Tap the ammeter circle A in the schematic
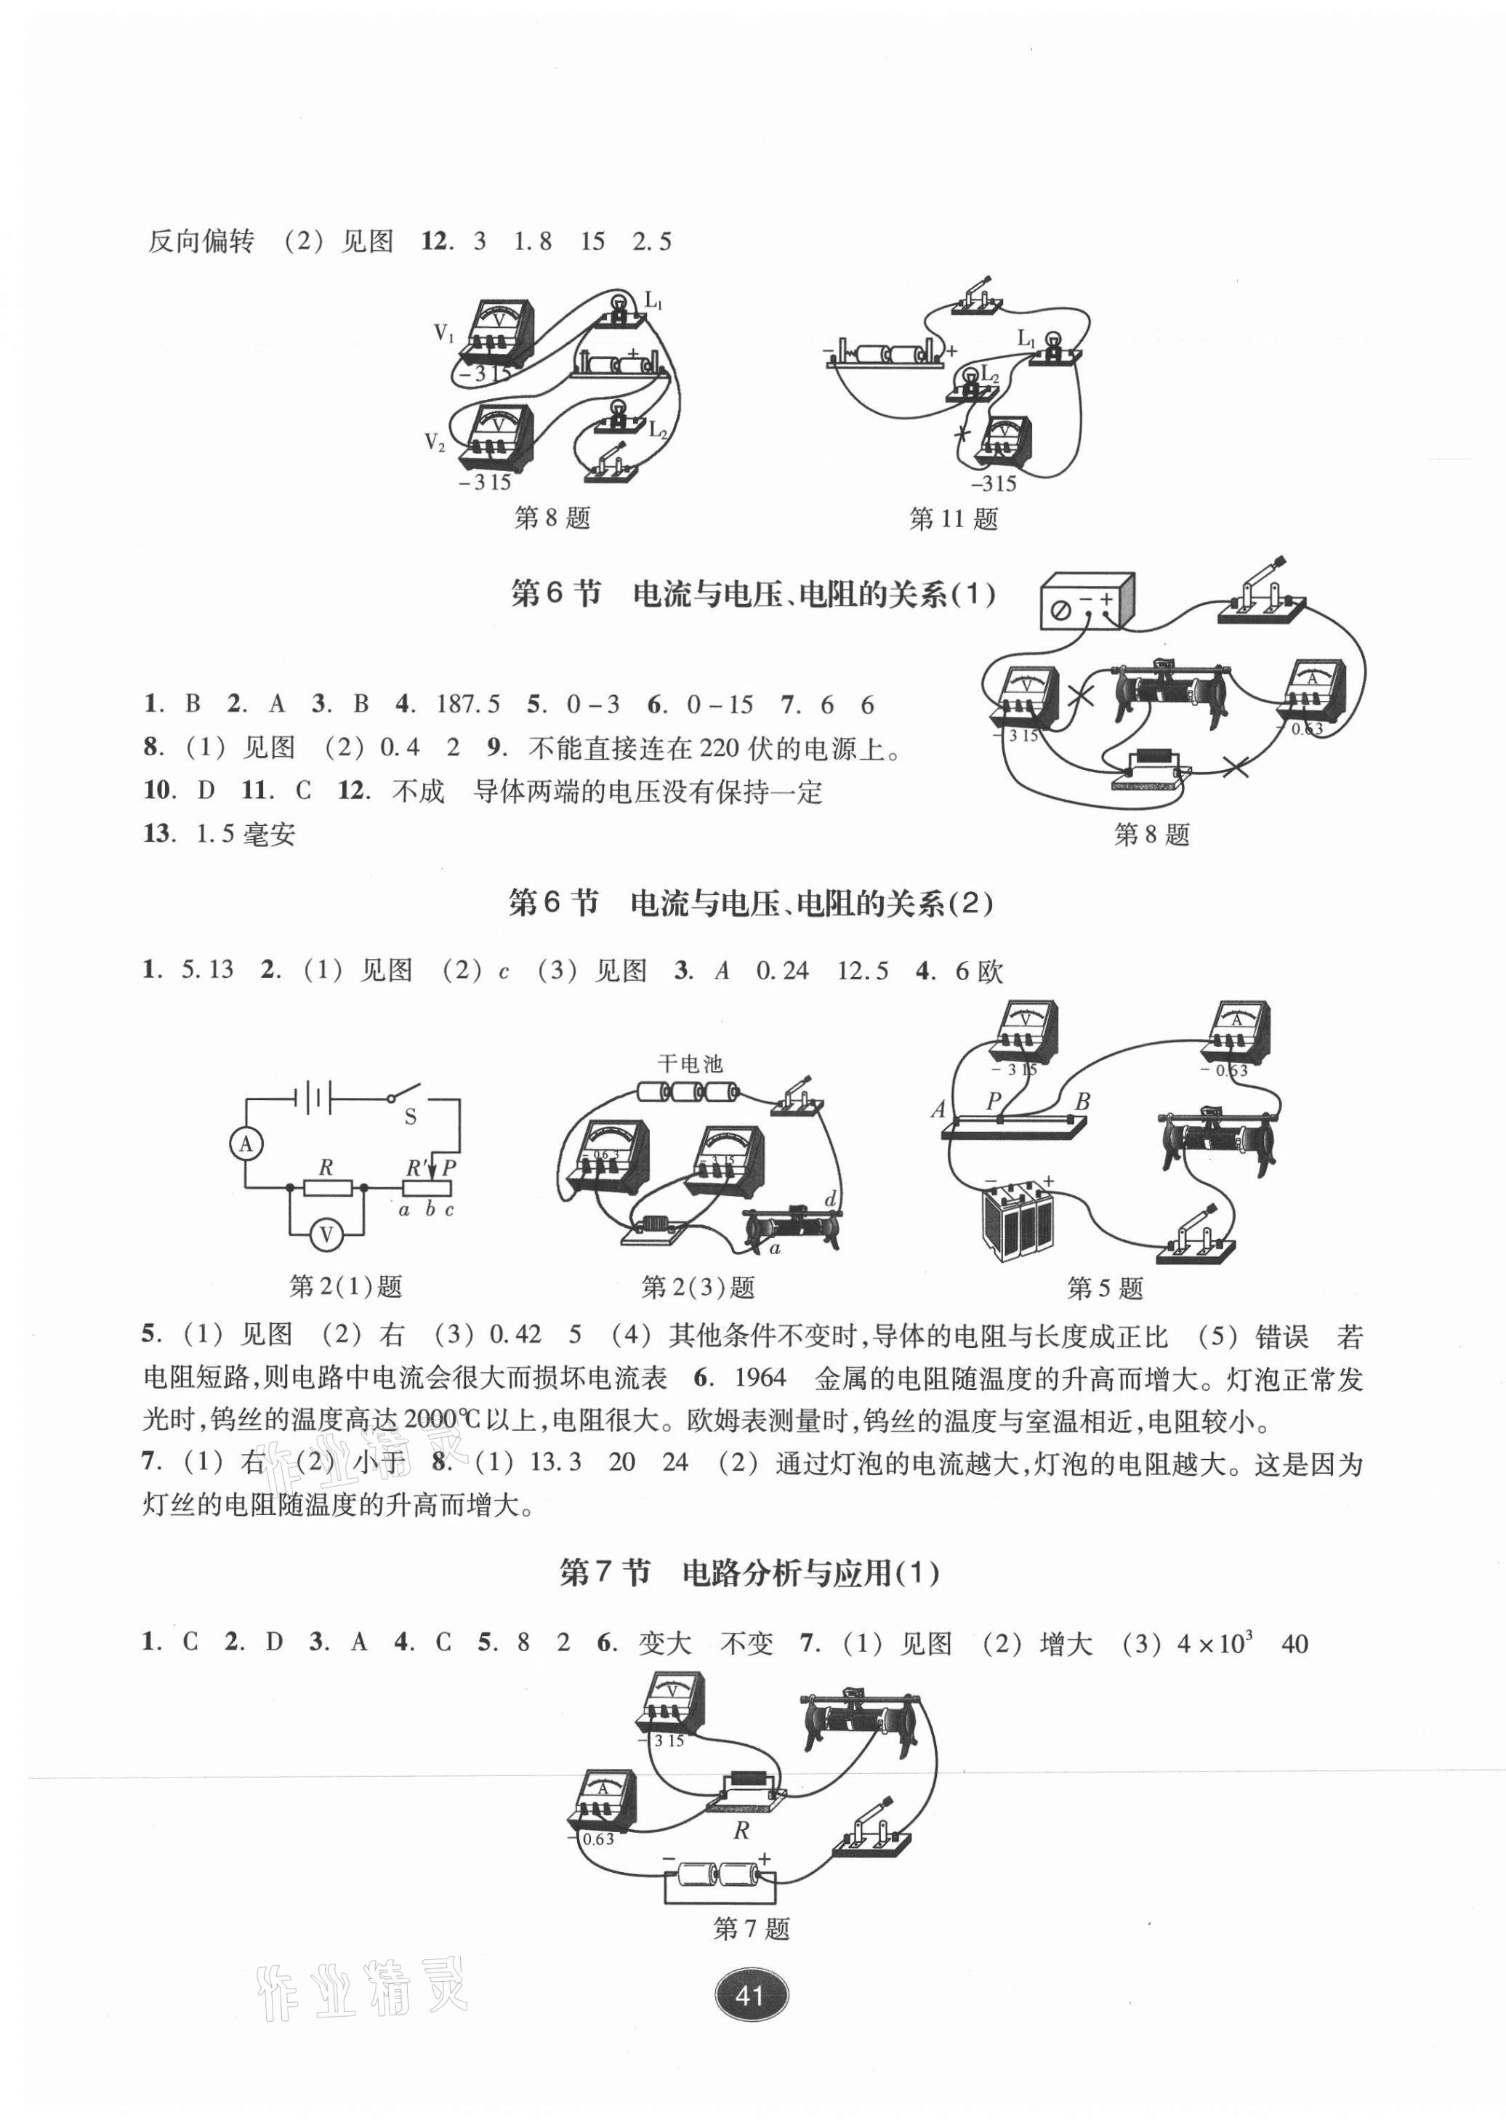[x=246, y=1144]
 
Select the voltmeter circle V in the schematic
[x=326, y=1234]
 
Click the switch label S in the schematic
[x=410, y=1117]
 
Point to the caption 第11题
[x=954, y=519]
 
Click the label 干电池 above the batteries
[x=690, y=1064]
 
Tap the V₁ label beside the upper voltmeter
[x=444, y=334]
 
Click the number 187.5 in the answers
[x=467, y=704]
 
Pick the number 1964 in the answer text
[x=760, y=1378]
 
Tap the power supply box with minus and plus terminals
[x=1087, y=602]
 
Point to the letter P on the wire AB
[x=994, y=1101]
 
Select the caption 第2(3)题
[x=698, y=1288]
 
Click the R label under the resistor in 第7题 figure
[x=741, y=1831]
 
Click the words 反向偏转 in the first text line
[x=201, y=242]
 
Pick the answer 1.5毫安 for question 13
[x=245, y=834]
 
